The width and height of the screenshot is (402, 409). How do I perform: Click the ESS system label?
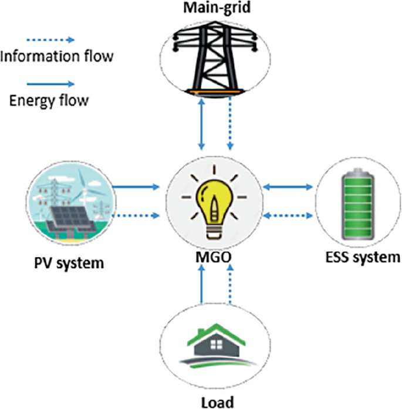pyautogui.click(x=362, y=257)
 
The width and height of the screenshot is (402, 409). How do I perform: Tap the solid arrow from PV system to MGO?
pyautogui.click(x=136, y=188)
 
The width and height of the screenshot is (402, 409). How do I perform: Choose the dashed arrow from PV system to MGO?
pyautogui.click(x=136, y=215)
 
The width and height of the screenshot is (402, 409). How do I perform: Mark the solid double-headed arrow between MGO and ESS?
pyautogui.click(x=288, y=188)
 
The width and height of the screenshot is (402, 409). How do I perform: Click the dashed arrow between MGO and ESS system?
pyautogui.click(x=288, y=215)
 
